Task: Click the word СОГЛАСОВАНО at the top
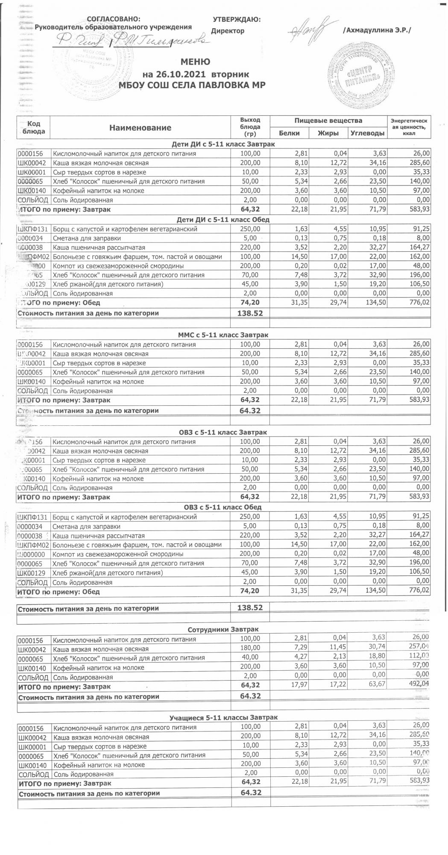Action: [113, 19]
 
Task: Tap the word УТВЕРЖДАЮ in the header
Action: [237, 19]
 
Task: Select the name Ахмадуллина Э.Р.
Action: [376, 31]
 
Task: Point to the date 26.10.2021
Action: [179, 74]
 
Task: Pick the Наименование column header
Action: [140, 128]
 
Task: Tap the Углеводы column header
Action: [367, 133]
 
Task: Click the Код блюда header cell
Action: [33, 127]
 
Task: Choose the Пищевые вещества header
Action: [328, 121]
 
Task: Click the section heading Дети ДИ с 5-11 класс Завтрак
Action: [223, 144]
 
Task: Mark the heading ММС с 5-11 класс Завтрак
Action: [223, 335]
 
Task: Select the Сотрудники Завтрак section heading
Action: [223, 629]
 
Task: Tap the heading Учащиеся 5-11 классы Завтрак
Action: [223, 717]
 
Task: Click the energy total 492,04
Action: [419, 687]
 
